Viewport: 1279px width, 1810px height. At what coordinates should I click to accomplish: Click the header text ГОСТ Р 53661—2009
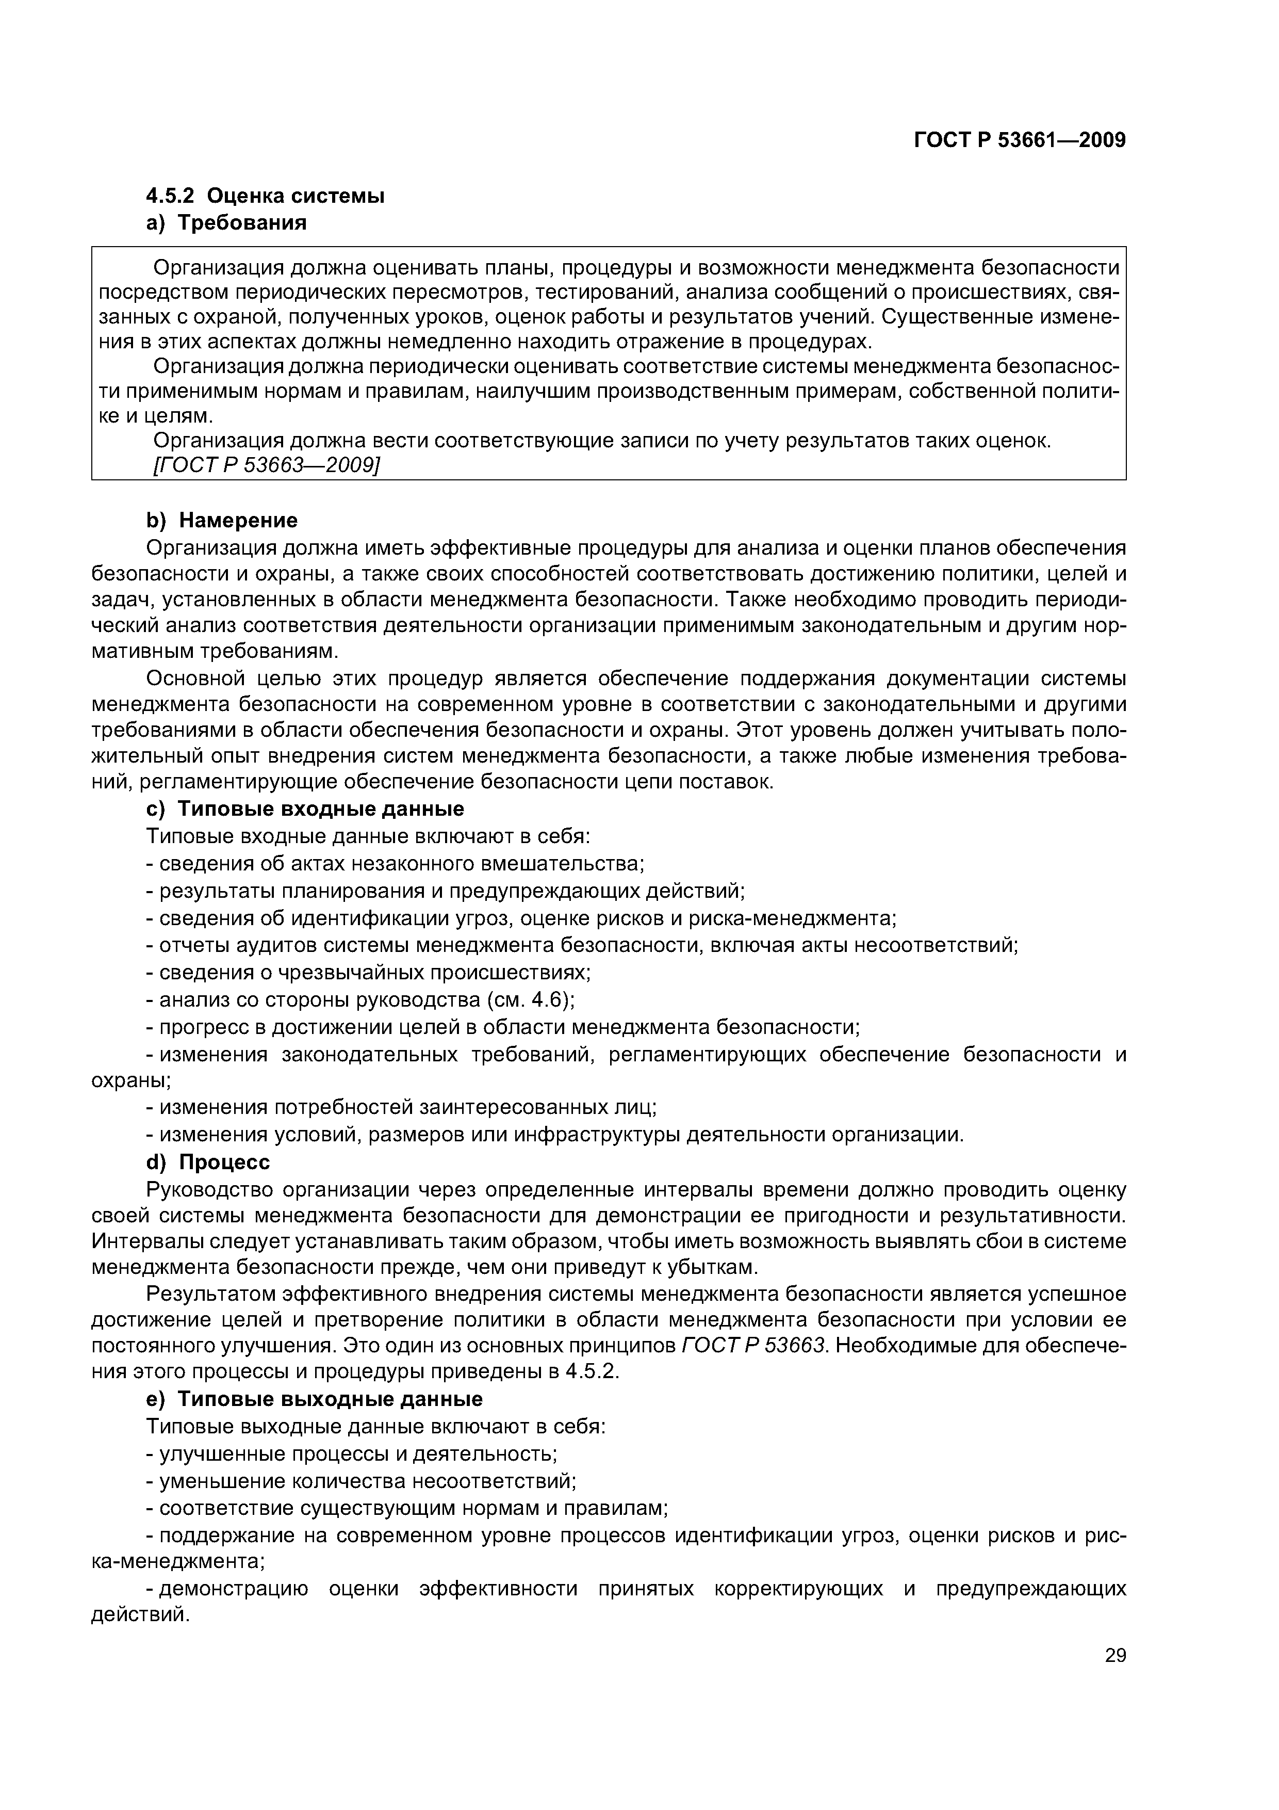click(x=1019, y=140)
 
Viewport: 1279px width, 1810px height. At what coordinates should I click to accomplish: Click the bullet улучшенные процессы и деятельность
click(x=352, y=1453)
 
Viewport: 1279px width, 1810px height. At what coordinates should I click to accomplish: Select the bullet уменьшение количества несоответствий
click(x=361, y=1480)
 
